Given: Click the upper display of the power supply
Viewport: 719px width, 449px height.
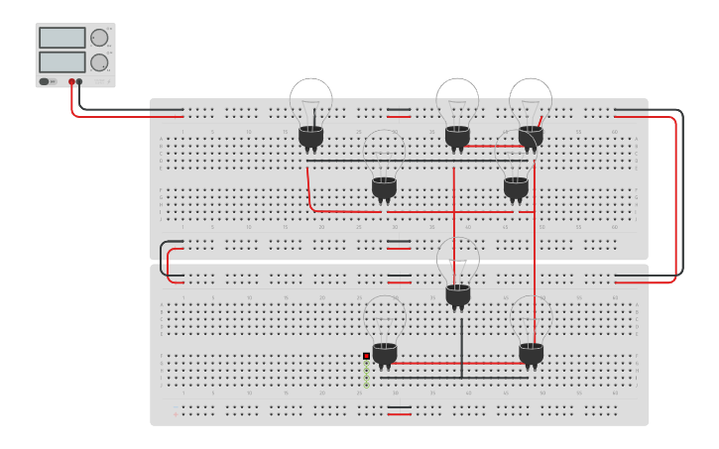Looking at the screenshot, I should tap(61, 38).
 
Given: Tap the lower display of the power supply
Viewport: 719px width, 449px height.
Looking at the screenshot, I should tap(61, 61).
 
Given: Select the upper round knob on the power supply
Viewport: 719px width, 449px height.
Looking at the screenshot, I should tap(99, 39).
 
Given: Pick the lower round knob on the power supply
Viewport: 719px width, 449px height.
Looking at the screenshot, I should tap(99, 62).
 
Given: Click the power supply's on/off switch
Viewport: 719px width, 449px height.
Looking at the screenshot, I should tap(45, 81).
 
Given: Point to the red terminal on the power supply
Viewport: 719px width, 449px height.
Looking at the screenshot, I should tap(71, 81).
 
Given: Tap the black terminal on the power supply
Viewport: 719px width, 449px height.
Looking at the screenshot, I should tap(79, 81).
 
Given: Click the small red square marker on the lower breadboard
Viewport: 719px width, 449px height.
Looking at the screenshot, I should tap(366, 356).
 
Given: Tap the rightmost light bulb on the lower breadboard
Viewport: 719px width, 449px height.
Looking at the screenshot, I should tap(532, 327).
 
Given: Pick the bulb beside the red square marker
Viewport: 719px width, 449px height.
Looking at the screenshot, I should tap(385, 327).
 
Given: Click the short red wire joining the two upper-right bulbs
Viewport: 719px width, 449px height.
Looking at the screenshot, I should tap(494, 146).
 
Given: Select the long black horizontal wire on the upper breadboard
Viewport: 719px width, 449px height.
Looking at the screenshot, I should tap(417, 160).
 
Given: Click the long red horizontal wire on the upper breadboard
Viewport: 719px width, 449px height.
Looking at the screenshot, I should tap(417, 211).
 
